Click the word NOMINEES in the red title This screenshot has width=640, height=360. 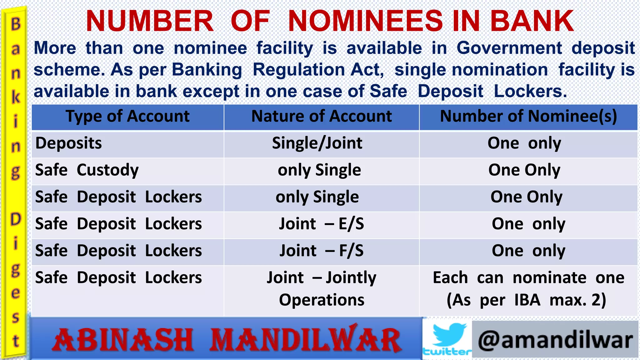365,21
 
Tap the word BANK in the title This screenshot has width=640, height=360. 532,21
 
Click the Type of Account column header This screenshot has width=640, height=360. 127,117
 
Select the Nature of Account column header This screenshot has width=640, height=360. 322,117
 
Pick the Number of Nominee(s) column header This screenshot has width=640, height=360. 528,117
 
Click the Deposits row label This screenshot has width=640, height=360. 69,143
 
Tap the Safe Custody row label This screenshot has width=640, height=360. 87,170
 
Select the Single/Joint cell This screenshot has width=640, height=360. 317,143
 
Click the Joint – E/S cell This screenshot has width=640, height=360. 322,224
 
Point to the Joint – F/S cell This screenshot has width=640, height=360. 322,251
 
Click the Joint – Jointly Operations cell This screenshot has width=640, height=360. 322,288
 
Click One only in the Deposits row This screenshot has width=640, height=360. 524,143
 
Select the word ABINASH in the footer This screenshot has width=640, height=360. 123,340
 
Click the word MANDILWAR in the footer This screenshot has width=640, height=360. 306,340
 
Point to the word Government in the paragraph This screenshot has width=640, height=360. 509,48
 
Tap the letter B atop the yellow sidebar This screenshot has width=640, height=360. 16,24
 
